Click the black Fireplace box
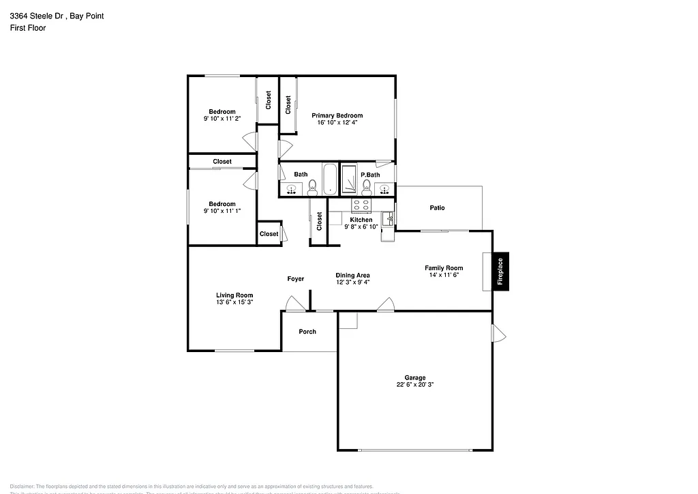click(x=500, y=272)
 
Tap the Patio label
click(x=437, y=207)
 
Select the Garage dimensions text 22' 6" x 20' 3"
click(x=415, y=385)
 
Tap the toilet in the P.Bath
click(x=367, y=186)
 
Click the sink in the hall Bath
click(x=292, y=189)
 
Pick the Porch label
click(x=307, y=332)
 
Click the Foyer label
click(x=295, y=279)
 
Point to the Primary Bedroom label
click(x=337, y=115)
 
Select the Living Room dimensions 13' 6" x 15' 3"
click(x=234, y=302)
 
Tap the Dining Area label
click(x=352, y=275)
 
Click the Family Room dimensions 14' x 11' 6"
click(x=444, y=275)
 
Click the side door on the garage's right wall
click(x=498, y=332)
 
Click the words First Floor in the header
click(x=28, y=28)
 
